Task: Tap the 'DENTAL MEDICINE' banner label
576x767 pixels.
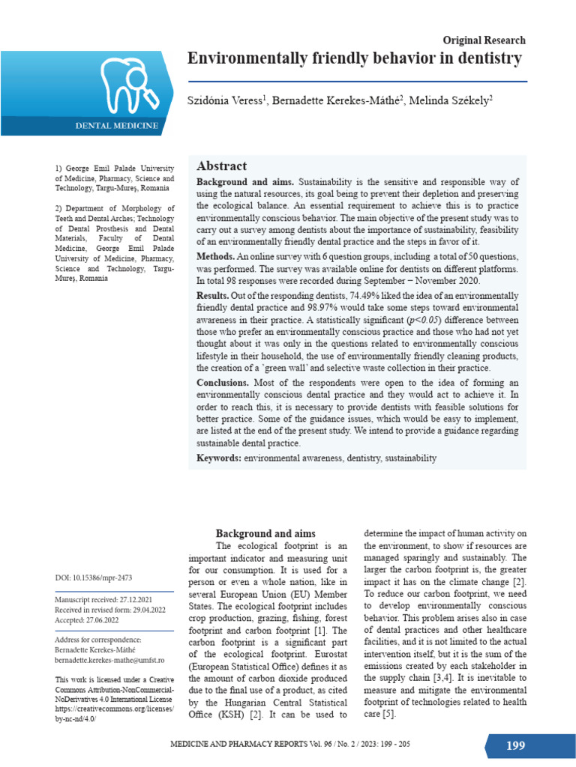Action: tap(116, 126)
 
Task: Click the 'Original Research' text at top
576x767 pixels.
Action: tap(484, 40)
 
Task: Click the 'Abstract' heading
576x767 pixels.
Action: tap(221, 166)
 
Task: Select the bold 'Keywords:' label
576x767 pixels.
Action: tap(219, 458)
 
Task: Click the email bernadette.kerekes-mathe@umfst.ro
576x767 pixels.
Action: tap(109, 660)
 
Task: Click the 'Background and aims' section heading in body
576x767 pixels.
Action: tap(266, 533)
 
